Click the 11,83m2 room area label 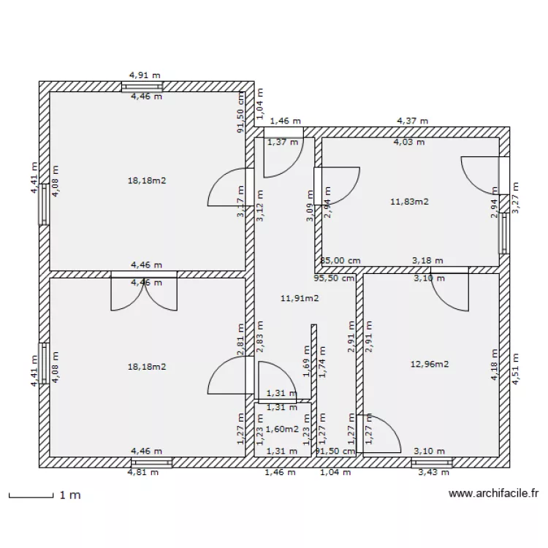(409, 201)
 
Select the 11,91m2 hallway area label (300, 297)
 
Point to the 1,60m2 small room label (282, 430)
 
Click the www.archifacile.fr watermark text (493, 495)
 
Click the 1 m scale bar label (70, 495)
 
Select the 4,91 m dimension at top (145, 75)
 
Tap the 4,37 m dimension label (412, 121)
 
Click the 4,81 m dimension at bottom (143, 473)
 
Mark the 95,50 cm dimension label (334, 278)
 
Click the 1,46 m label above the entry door (285, 121)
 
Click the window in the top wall (142, 86)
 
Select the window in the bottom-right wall (431, 462)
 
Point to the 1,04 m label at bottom (336, 473)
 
